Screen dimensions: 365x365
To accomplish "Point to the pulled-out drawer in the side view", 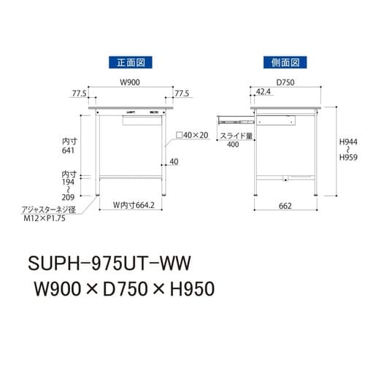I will click(234, 115).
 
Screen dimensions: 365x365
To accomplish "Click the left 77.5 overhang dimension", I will click(80, 93).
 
